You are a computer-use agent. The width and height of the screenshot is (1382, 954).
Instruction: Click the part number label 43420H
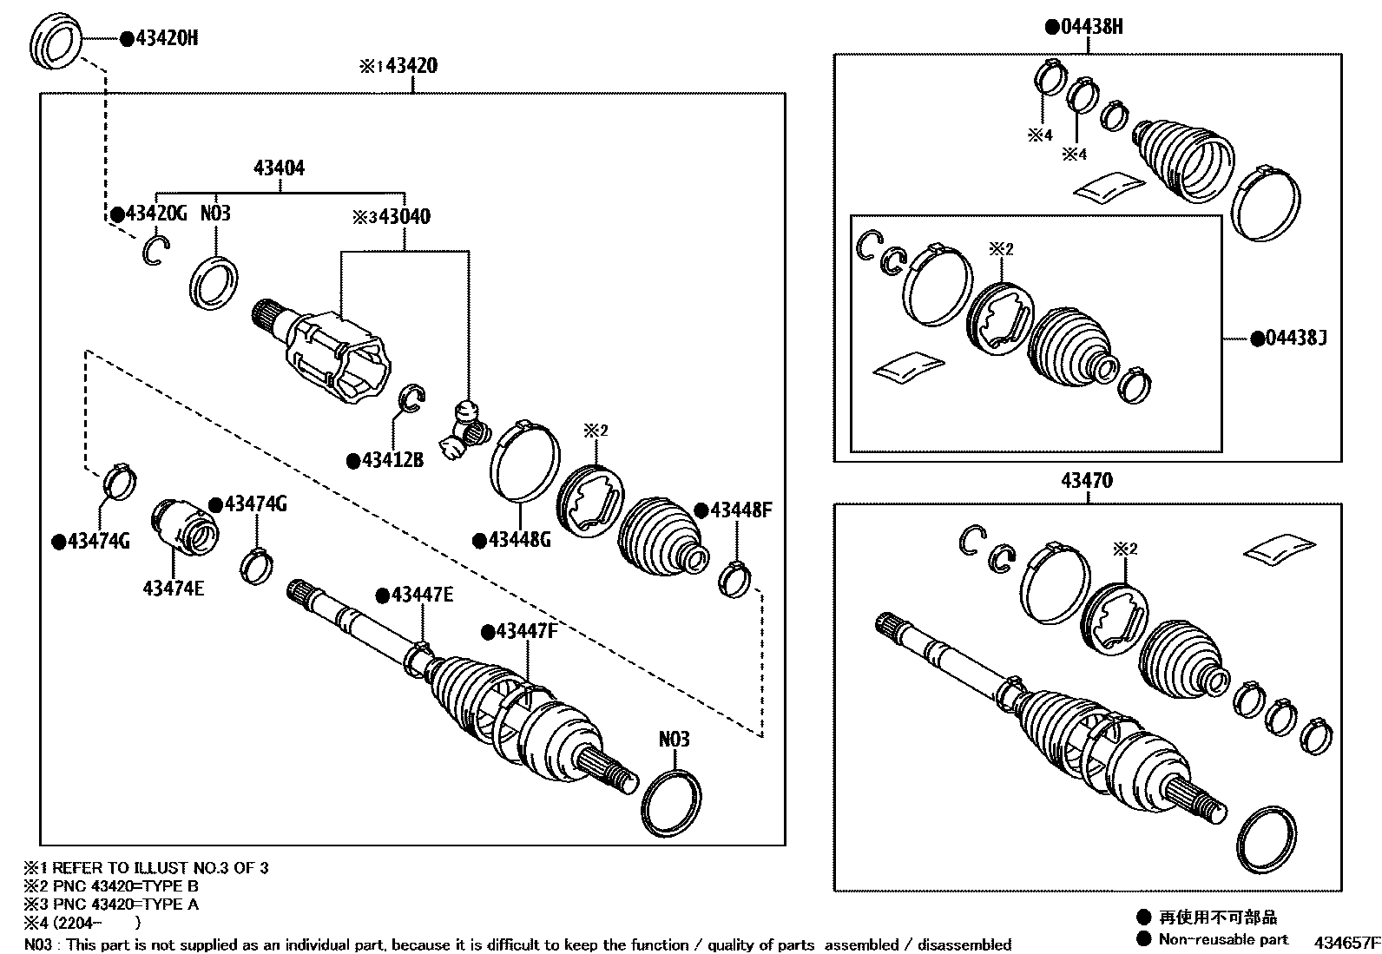tap(168, 38)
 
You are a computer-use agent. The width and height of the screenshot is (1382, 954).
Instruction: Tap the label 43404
tap(279, 168)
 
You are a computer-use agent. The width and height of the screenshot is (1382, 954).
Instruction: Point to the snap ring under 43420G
tap(155, 250)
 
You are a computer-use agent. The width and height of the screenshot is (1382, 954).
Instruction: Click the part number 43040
tap(404, 216)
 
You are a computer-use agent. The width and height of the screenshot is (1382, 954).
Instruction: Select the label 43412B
tap(392, 461)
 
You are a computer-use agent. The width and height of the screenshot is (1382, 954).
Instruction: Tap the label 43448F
tap(740, 510)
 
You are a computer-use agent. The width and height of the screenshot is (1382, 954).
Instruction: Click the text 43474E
tap(174, 588)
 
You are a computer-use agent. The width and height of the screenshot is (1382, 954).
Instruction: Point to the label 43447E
tap(422, 595)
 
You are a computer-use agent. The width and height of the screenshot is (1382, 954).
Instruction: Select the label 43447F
tap(526, 631)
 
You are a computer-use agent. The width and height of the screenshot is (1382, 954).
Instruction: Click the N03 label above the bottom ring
tap(674, 739)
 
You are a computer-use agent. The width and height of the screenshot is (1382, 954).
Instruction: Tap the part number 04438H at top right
tap(1091, 27)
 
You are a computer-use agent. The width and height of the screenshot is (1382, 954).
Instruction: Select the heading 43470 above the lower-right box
tap(1086, 480)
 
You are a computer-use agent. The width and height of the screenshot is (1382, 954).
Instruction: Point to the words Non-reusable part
tap(1223, 938)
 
